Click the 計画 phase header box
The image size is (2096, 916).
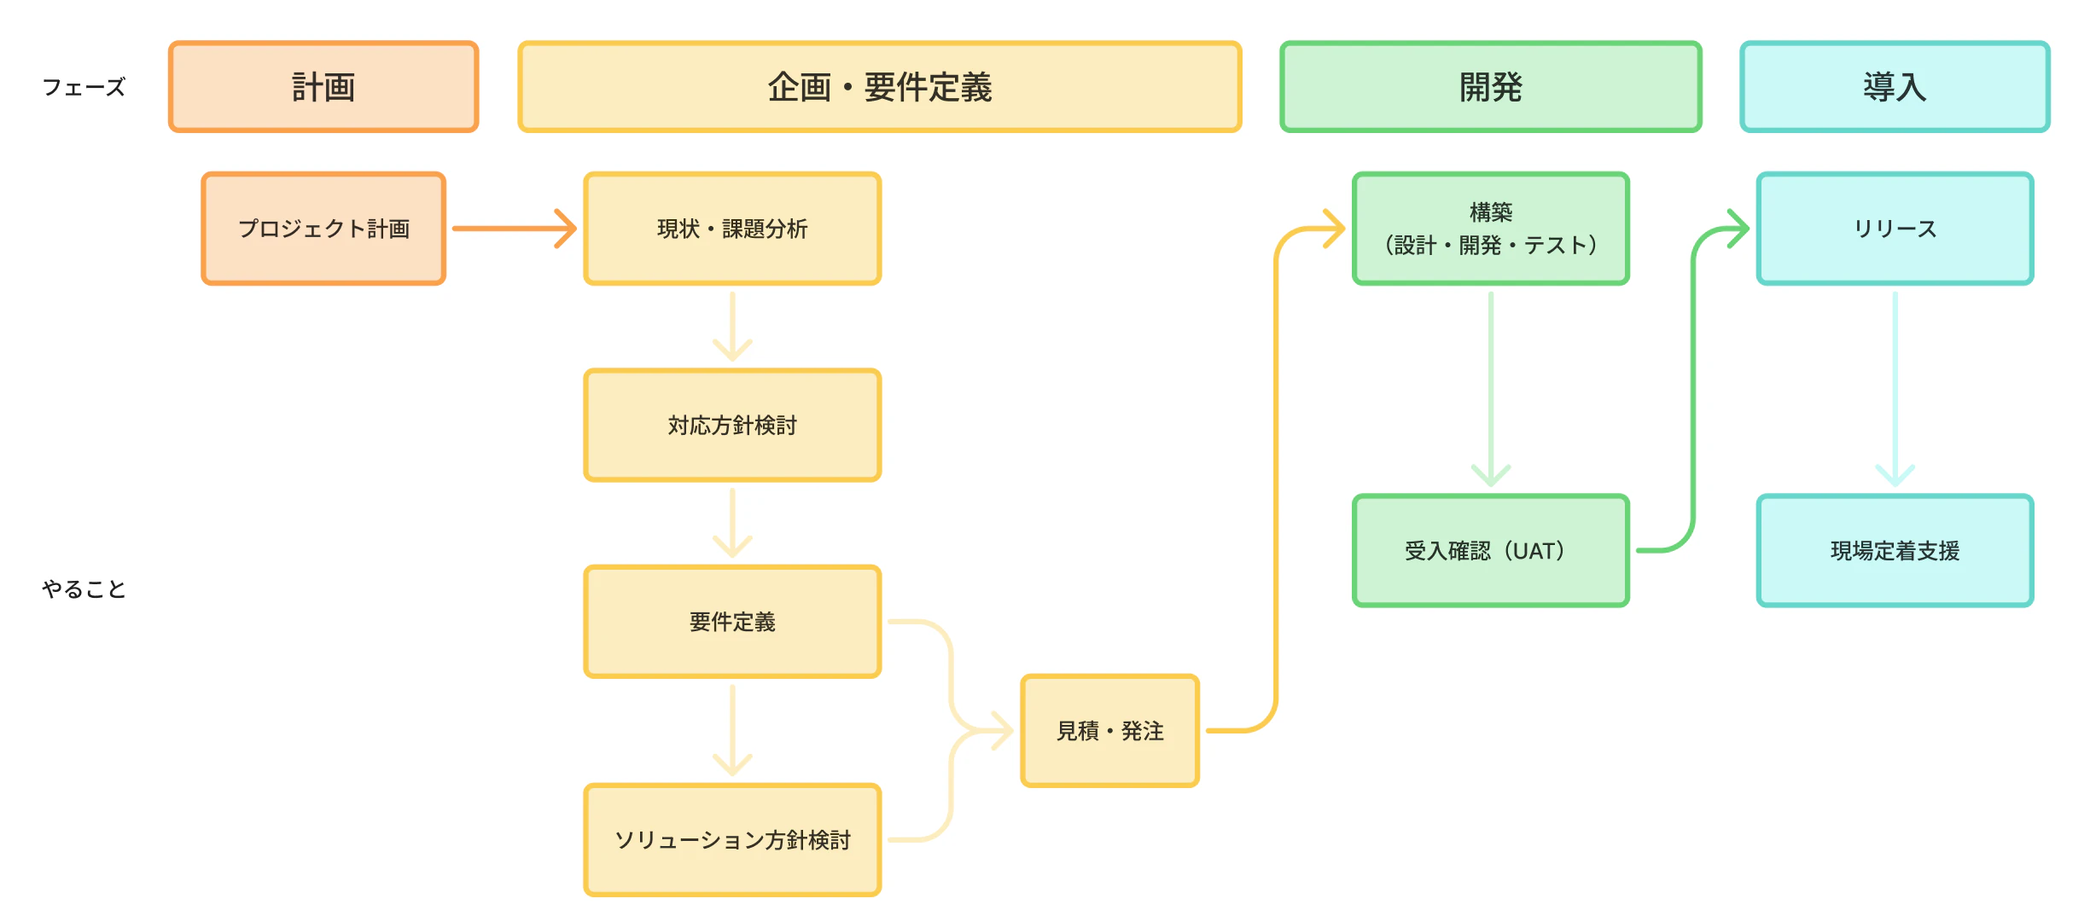point(323,87)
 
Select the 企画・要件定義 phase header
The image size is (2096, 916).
point(880,87)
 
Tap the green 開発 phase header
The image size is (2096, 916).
point(1491,87)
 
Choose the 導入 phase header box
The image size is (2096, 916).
point(1895,87)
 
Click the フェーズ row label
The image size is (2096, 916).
point(84,87)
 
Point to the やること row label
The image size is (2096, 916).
point(84,588)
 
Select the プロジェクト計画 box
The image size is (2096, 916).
point(323,229)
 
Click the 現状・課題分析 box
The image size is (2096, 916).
point(732,229)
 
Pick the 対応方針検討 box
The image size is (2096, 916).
point(732,425)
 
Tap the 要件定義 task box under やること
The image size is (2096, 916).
point(732,622)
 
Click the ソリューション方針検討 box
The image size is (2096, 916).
point(732,840)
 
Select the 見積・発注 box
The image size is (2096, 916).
point(1110,731)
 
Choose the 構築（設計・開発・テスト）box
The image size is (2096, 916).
point(1491,229)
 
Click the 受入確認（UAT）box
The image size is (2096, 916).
point(1491,551)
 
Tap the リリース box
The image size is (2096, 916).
point(1895,229)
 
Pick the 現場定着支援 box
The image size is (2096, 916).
point(1895,551)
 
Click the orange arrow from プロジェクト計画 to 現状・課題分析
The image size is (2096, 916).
point(515,229)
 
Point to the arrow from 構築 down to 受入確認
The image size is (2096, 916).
point(1491,389)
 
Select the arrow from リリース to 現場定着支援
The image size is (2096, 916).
point(1895,389)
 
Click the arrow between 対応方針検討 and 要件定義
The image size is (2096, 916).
point(732,523)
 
